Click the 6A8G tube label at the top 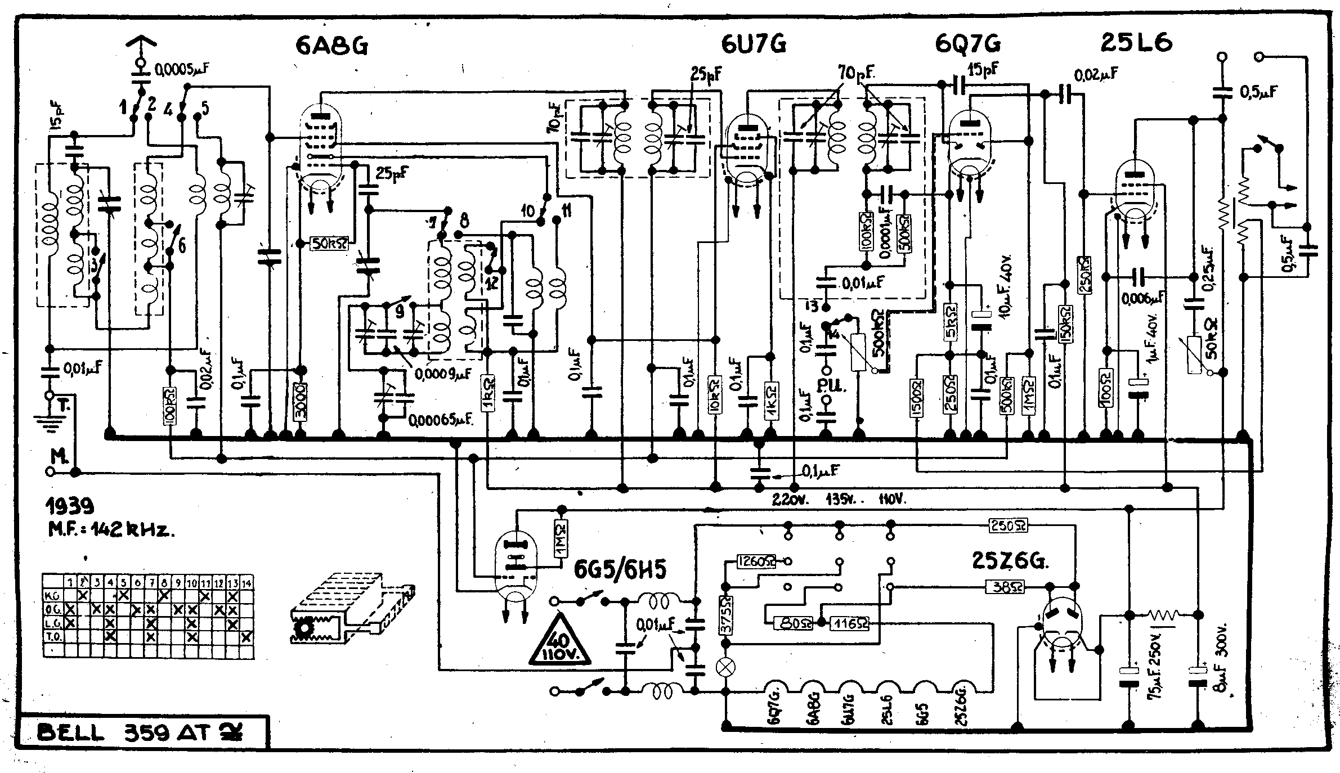[332, 46]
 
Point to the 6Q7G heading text [968, 44]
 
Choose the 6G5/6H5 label [620, 570]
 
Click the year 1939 [69, 506]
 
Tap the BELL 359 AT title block [141, 733]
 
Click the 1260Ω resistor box [756, 561]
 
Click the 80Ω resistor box [794, 623]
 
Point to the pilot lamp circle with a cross [727, 668]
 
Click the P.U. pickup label [829, 386]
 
